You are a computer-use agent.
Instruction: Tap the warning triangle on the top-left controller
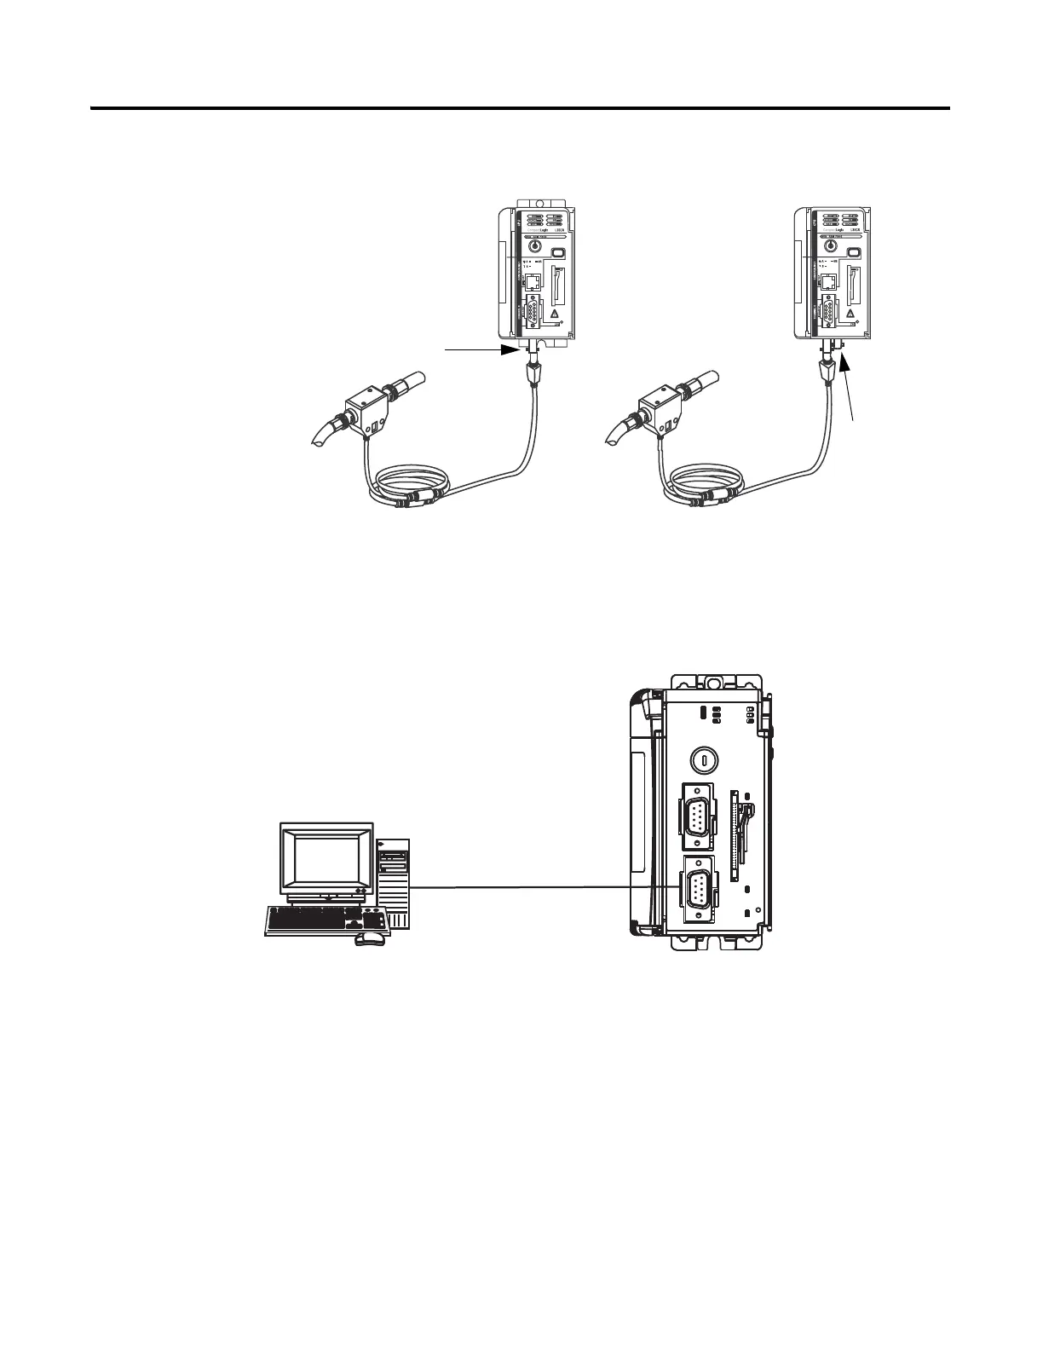point(555,314)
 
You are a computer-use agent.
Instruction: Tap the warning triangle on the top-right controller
point(851,314)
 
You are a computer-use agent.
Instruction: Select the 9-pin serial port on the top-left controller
point(531,311)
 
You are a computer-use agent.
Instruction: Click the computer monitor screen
point(327,859)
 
